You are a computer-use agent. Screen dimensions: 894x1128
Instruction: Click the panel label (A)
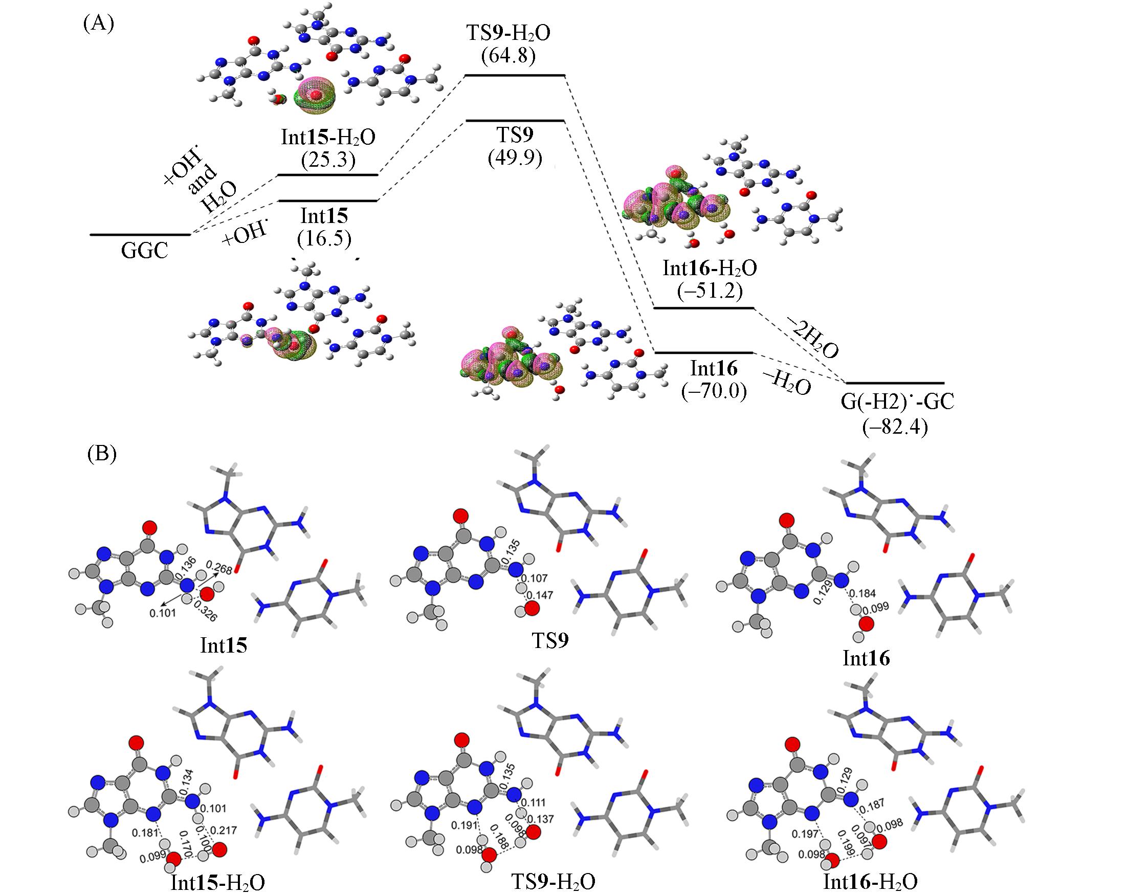point(98,24)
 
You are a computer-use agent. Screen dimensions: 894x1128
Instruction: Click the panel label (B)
point(101,453)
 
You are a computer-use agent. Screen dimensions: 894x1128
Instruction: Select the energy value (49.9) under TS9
point(515,157)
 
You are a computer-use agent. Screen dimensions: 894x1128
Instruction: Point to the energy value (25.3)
point(328,160)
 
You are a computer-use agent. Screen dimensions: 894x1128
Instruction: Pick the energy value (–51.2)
point(710,290)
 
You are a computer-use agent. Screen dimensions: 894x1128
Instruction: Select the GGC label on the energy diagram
point(145,252)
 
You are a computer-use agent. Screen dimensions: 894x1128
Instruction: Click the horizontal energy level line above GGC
point(140,235)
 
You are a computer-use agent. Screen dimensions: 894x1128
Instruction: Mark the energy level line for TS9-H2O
point(515,76)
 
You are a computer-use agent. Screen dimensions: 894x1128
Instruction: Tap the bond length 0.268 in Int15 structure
point(219,566)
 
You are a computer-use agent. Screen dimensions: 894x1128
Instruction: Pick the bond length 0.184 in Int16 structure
point(861,593)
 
